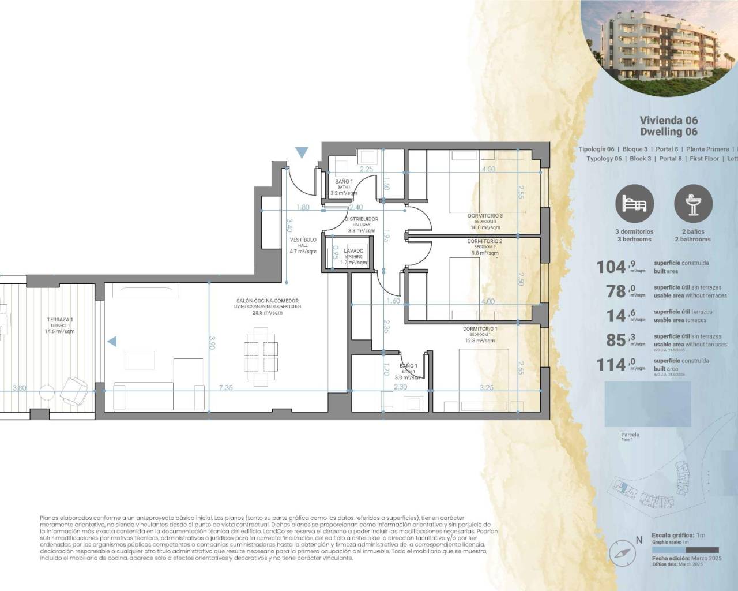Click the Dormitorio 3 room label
pyautogui.click(x=485, y=216)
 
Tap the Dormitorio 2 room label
pyautogui.click(x=484, y=241)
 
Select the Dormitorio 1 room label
pyautogui.click(x=480, y=329)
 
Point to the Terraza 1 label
pyautogui.click(x=60, y=320)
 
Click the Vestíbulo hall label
pyautogui.click(x=303, y=240)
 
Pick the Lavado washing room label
pyautogui.click(x=353, y=251)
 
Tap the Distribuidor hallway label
pyautogui.click(x=362, y=219)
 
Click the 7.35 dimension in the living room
pyautogui.click(x=225, y=388)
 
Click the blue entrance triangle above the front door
pyautogui.click(x=302, y=152)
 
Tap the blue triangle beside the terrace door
pyautogui.click(x=112, y=342)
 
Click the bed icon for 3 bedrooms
pyautogui.click(x=634, y=204)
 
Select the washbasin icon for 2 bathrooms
pyautogui.click(x=693, y=204)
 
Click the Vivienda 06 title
pyautogui.click(x=668, y=121)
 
